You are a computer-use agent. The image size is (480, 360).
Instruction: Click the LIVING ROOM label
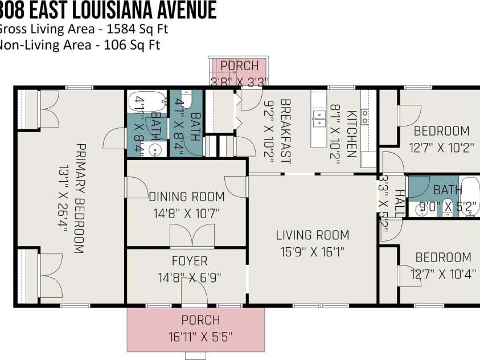coord(313,235)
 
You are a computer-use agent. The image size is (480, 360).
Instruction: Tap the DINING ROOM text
coord(187,197)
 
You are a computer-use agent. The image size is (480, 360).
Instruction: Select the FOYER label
coord(190,261)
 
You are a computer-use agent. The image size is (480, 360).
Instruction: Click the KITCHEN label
coord(352,134)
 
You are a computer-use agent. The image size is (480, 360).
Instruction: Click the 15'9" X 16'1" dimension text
coord(313,251)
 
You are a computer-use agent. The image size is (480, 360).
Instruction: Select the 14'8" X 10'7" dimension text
coord(187,214)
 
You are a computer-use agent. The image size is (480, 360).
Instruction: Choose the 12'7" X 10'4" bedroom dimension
coord(443,274)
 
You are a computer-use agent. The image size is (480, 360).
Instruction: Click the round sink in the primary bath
coord(154,150)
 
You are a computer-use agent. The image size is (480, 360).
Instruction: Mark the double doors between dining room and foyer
coord(187,236)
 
